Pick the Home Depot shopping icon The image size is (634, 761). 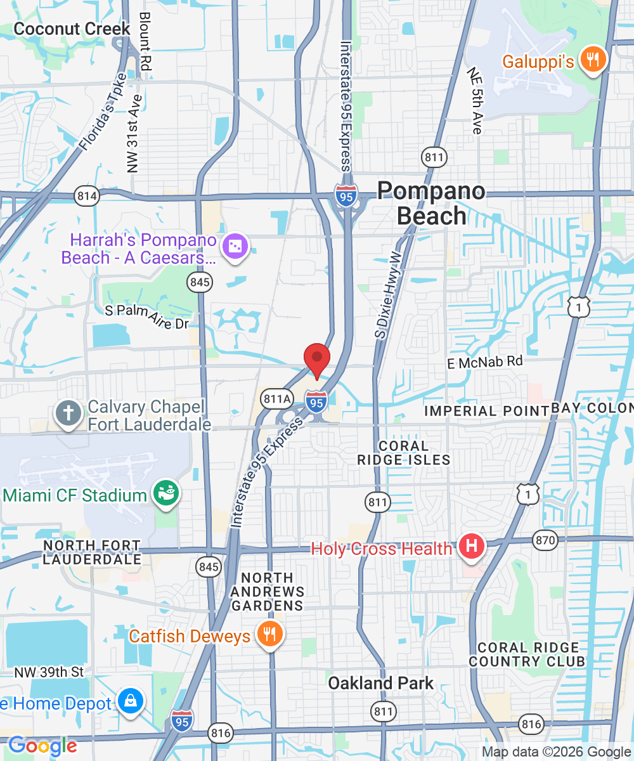point(131,701)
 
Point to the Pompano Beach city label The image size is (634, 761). point(431,203)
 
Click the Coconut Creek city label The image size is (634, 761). point(72,29)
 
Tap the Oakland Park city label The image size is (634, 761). point(381,683)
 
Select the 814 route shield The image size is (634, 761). point(86,196)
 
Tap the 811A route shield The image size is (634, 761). point(277,399)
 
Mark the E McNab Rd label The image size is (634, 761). point(485,362)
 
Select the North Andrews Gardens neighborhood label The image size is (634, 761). point(268,592)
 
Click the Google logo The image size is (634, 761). point(42,746)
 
